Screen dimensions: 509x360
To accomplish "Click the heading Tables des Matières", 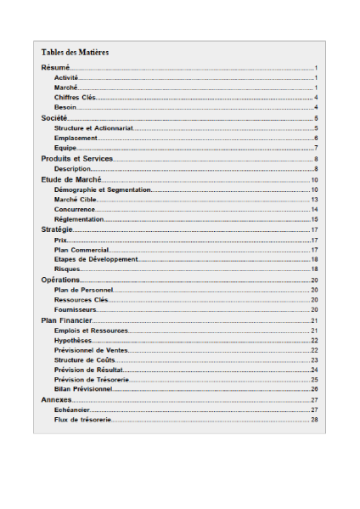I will (x=75, y=53).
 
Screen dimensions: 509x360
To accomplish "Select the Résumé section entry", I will (x=55, y=66).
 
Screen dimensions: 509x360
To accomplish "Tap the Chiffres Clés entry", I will (x=75, y=97).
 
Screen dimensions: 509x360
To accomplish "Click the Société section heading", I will (x=55, y=117).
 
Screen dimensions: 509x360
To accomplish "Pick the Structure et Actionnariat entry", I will (x=93, y=127).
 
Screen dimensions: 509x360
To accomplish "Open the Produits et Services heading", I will (x=77, y=159).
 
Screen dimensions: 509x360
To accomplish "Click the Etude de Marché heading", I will (x=71, y=179).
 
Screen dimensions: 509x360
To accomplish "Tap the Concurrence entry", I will (x=75, y=209).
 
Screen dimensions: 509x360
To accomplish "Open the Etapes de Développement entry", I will (x=95, y=259).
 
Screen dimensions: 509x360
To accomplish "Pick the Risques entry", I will (x=67, y=269).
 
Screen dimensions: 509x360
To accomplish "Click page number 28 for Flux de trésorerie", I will (x=314, y=420).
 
